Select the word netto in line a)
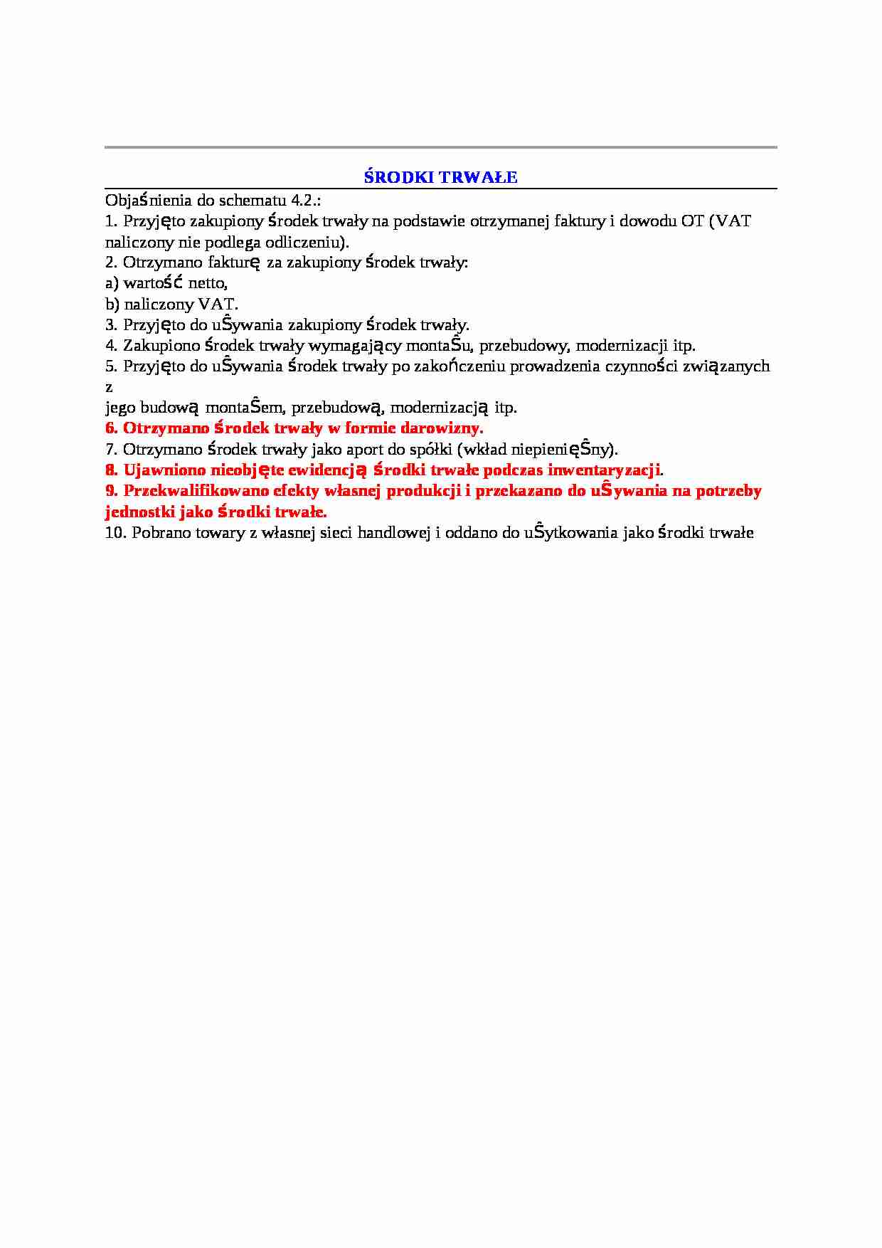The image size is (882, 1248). pos(208,283)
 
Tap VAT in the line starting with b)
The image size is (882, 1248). pos(217,304)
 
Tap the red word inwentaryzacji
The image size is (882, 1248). pos(604,470)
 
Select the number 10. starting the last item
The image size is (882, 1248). pos(115,533)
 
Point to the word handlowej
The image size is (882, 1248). pos(394,533)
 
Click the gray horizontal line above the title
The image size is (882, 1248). pos(441,147)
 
